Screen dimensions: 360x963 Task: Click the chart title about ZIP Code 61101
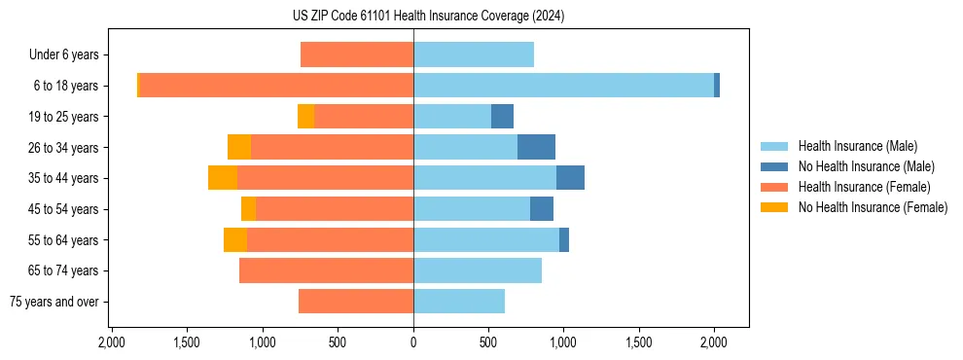428,16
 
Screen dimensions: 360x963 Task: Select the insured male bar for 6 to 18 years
563,86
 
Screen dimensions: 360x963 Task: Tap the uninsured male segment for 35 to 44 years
570,178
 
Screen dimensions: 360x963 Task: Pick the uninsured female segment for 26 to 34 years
239,147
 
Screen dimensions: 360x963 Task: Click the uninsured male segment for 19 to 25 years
502,117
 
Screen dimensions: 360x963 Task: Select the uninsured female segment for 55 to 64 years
235,240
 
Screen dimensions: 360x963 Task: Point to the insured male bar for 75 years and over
459,302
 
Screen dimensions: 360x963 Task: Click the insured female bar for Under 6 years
357,54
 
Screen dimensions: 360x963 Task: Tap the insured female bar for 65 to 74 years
326,270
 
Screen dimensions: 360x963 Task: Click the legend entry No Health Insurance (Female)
873,207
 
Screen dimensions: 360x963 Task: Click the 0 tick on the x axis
413,342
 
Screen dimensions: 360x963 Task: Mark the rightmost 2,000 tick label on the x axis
714,342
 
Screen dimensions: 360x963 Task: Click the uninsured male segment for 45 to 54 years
542,209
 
